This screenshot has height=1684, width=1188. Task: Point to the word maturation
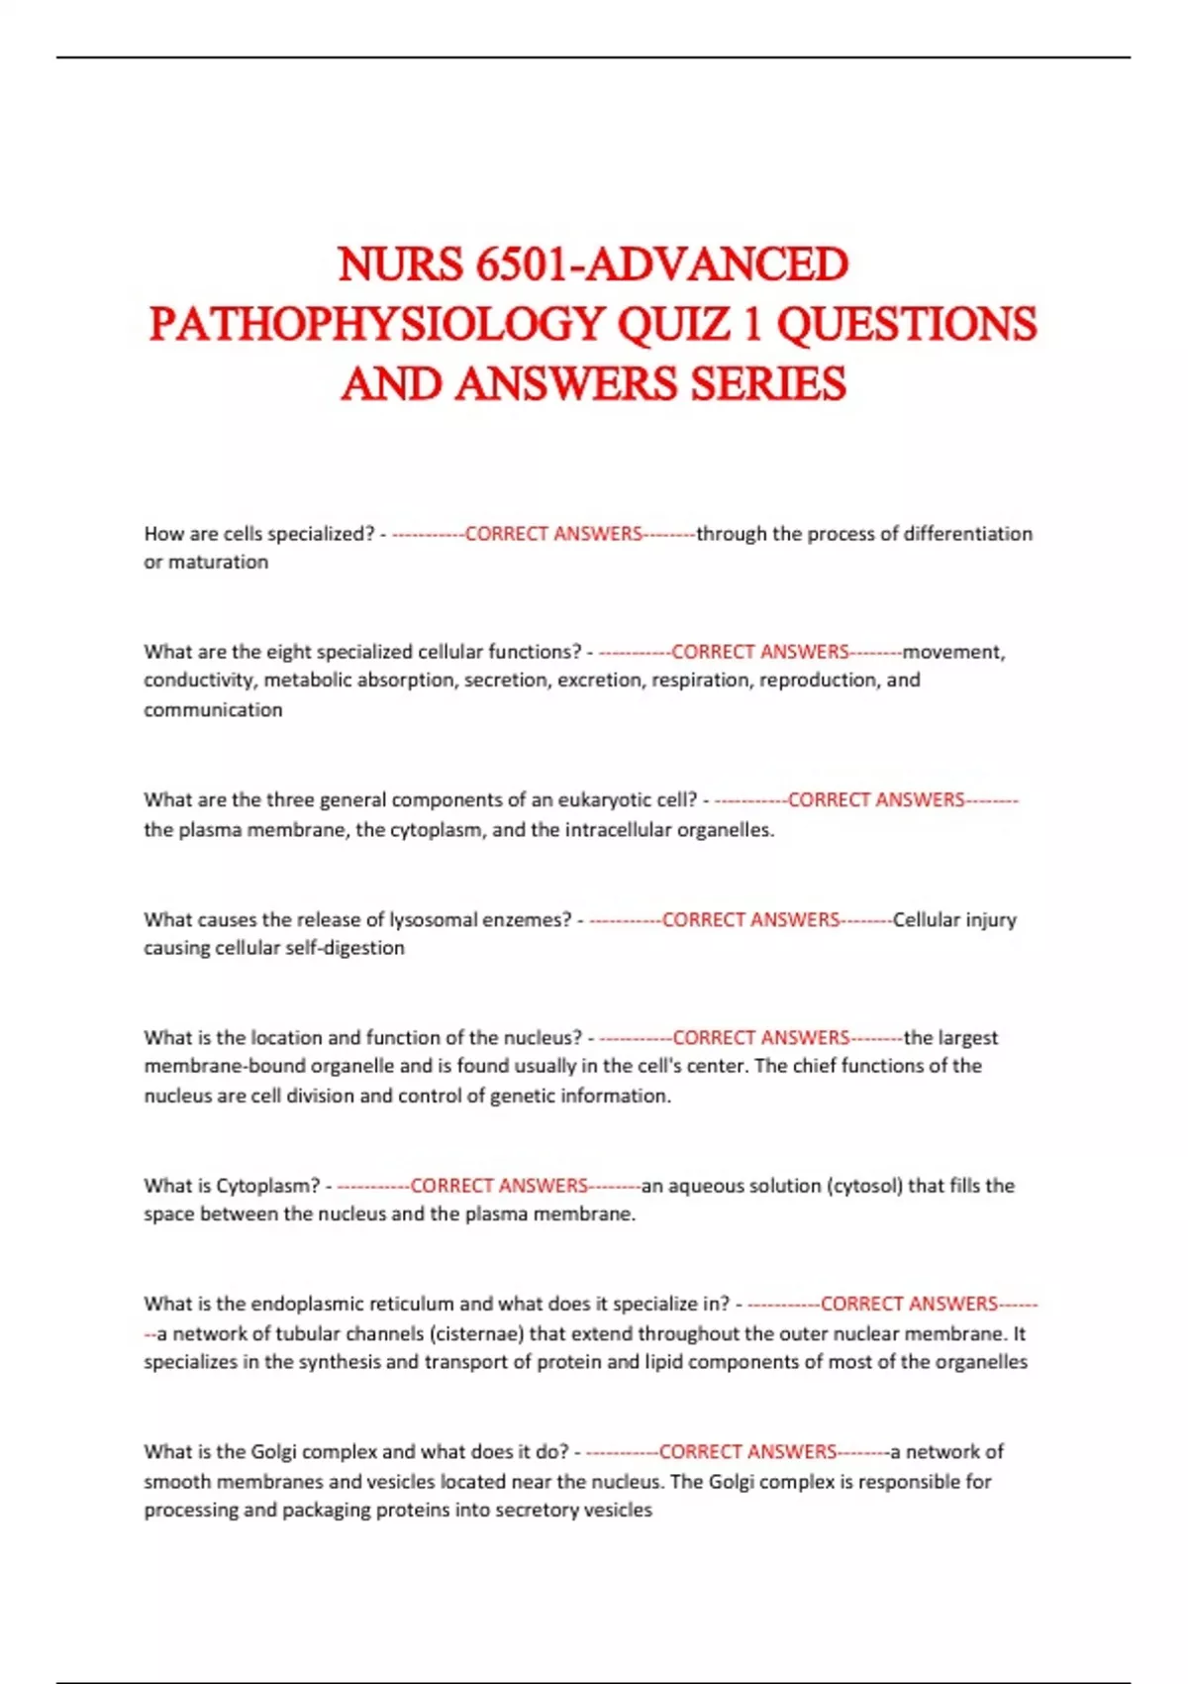click(x=218, y=563)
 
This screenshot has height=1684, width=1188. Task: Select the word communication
click(x=213, y=710)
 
